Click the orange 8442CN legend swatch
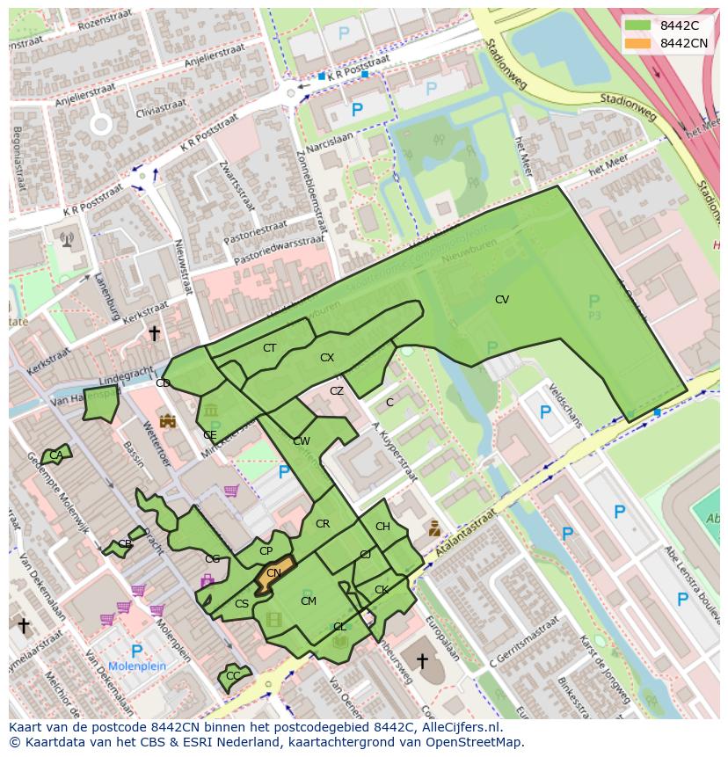638,43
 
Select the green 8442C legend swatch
638,25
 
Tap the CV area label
501,300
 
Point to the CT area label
269,348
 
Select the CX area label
327,358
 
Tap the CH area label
382,527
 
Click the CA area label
55,455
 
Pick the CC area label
233,676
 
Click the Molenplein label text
137,667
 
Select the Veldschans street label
564,404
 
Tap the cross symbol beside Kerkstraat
154,333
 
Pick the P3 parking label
594,315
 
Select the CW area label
301,441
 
